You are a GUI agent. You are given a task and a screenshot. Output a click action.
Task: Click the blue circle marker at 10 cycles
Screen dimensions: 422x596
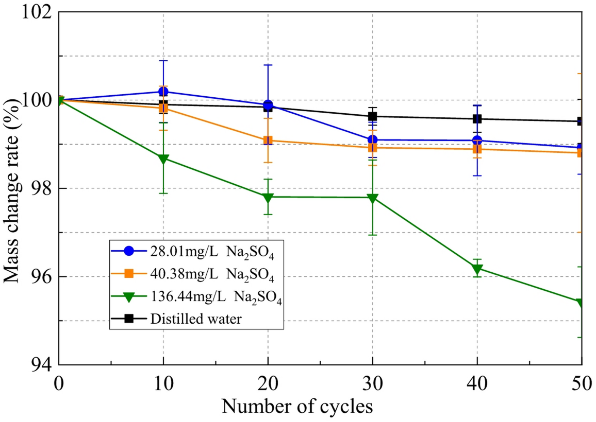pyautogui.click(x=163, y=92)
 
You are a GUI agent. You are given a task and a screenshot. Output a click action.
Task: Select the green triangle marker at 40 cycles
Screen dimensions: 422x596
pyautogui.click(x=477, y=269)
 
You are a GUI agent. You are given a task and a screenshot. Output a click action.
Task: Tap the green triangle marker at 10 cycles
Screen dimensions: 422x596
pyautogui.click(x=163, y=159)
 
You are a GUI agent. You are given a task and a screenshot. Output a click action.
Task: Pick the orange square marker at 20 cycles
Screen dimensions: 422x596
pyautogui.click(x=268, y=140)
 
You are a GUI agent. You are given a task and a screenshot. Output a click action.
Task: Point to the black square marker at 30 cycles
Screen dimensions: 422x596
pyautogui.click(x=373, y=116)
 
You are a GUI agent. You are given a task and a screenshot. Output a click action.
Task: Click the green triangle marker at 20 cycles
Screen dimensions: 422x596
pyautogui.click(x=268, y=197)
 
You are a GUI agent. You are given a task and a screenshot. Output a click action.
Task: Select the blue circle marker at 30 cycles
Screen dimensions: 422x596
pyautogui.click(x=373, y=139)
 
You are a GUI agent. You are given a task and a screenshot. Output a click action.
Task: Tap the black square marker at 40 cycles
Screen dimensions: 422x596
pyautogui.click(x=477, y=119)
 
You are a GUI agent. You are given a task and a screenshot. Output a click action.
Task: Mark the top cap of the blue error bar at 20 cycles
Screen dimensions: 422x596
pyautogui.click(x=268, y=65)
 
